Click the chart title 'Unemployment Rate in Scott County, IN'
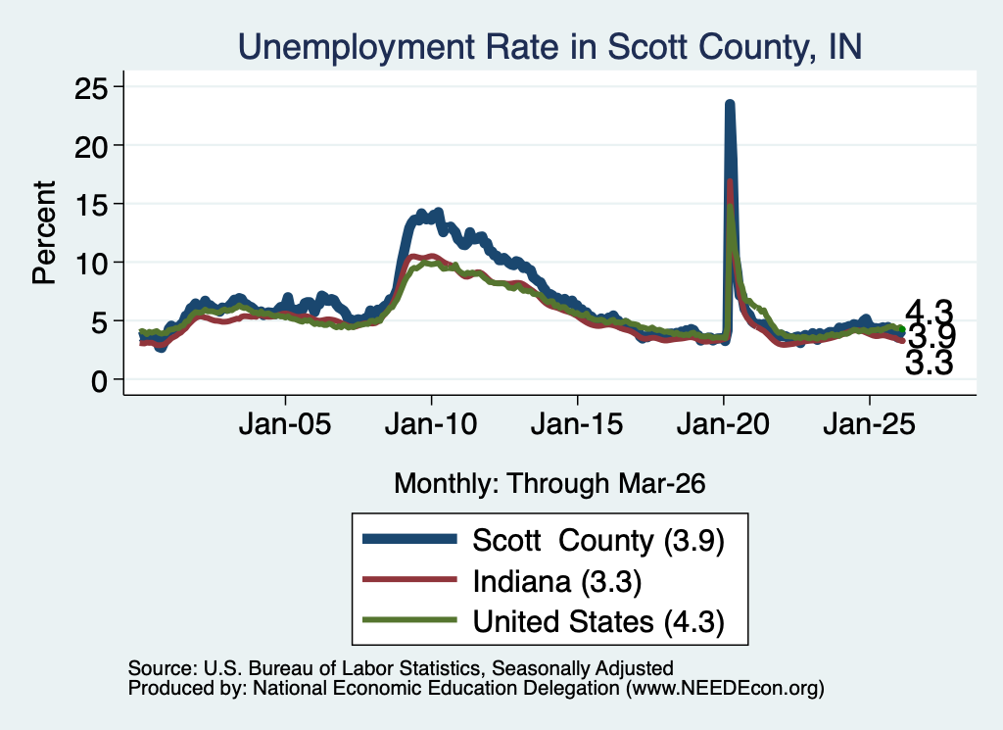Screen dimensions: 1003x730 [549, 47]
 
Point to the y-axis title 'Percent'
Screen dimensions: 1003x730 [44, 232]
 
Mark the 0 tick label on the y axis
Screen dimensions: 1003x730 [99, 382]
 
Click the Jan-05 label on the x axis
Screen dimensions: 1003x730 [285, 424]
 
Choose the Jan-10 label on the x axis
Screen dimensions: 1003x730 [431, 424]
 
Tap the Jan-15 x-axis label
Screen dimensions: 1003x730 [577, 424]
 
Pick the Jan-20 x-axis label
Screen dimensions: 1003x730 [724, 424]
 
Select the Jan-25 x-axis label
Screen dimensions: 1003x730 [870, 424]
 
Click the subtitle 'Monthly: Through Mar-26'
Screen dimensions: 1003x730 [549, 484]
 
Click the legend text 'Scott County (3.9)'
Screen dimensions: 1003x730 [598, 541]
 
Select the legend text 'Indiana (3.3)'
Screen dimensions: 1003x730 [557, 582]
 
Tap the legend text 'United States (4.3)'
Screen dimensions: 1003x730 [598, 622]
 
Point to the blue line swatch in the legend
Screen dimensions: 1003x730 [410, 539]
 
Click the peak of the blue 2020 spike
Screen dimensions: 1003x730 [729, 104]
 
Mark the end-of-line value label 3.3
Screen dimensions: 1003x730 [929, 364]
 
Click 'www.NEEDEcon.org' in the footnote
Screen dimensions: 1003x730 [725, 689]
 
